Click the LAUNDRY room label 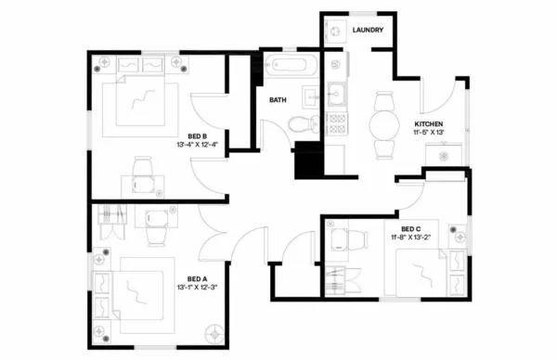point(370,31)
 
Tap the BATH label point(278,99)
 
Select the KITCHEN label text point(428,124)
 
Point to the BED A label point(196,278)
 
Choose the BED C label point(412,229)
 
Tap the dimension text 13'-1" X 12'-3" point(196,289)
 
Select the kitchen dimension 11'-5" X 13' point(428,135)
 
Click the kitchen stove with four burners point(337,125)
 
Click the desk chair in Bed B point(143,169)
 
